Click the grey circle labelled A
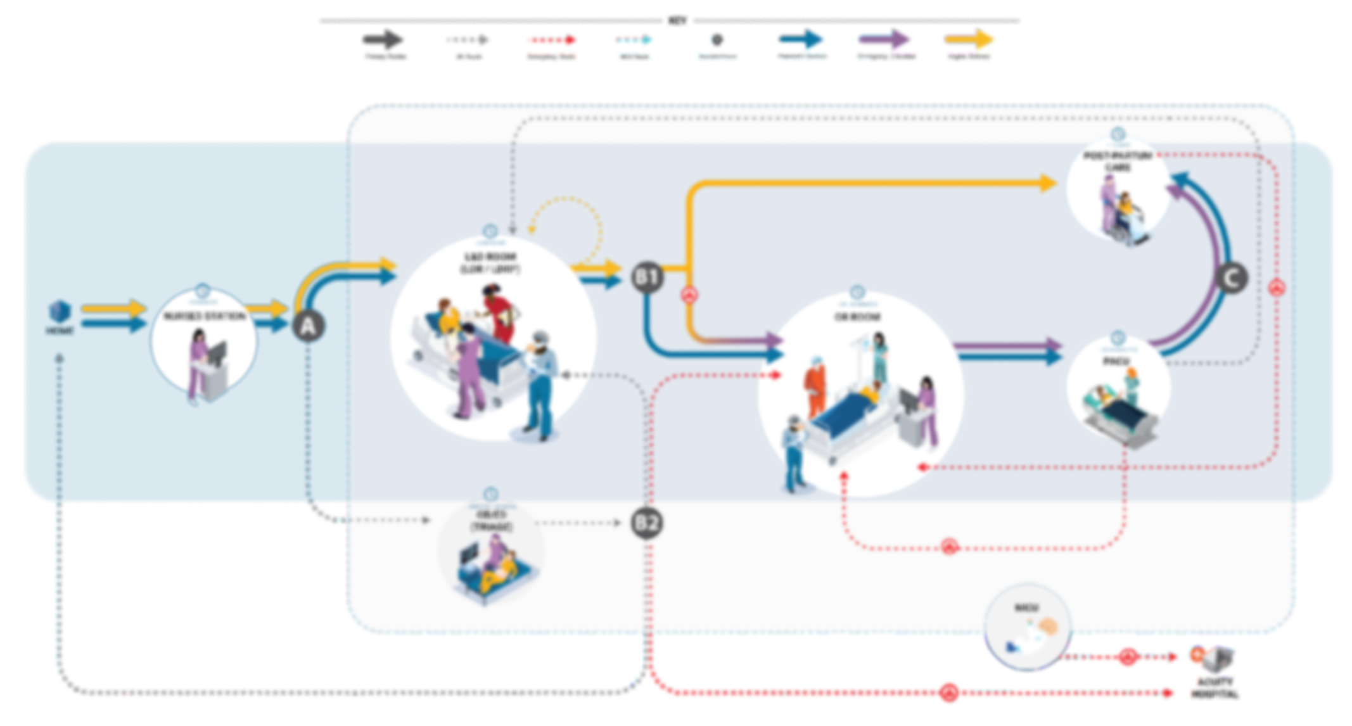click(308, 326)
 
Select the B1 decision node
click(647, 277)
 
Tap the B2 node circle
click(646, 523)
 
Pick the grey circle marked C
click(1232, 278)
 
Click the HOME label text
click(60, 331)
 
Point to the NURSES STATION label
click(204, 315)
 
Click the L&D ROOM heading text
click(490, 257)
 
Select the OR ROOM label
click(857, 316)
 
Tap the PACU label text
click(1116, 361)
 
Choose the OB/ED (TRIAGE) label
click(492, 520)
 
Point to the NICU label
click(1026, 608)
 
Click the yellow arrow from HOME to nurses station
click(114, 309)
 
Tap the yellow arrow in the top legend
click(969, 40)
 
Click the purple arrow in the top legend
click(884, 40)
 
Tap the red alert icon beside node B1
click(689, 295)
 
